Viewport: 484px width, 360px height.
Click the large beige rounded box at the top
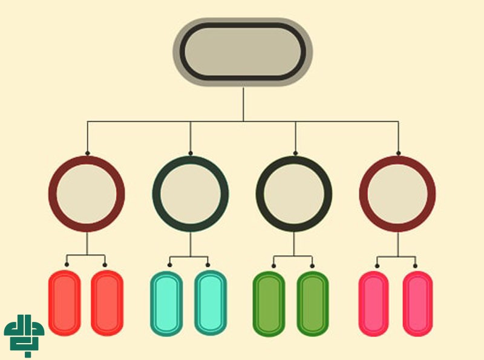coord(243,51)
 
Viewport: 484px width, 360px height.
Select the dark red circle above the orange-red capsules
coord(87,194)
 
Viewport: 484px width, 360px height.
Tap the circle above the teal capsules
coord(191,194)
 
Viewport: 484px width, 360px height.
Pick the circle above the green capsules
coord(294,194)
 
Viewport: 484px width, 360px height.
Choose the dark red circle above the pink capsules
coord(397,194)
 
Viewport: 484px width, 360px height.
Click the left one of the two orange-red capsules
coord(64,303)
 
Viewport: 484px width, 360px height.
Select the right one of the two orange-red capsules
coord(107,303)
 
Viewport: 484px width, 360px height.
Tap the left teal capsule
coord(166,303)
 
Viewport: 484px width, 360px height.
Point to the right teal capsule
coord(211,303)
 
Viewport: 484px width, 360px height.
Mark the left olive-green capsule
coord(269,303)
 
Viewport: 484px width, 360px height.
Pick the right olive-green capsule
coord(313,303)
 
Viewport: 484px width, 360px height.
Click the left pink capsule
coord(373,303)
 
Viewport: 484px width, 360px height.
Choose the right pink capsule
coord(417,303)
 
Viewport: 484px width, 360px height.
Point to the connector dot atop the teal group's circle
coord(191,153)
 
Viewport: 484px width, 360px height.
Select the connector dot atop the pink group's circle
coord(398,153)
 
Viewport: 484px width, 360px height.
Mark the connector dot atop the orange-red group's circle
coord(87,153)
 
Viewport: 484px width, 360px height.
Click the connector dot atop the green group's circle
coord(295,153)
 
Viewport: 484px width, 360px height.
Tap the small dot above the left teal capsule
coord(170,265)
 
